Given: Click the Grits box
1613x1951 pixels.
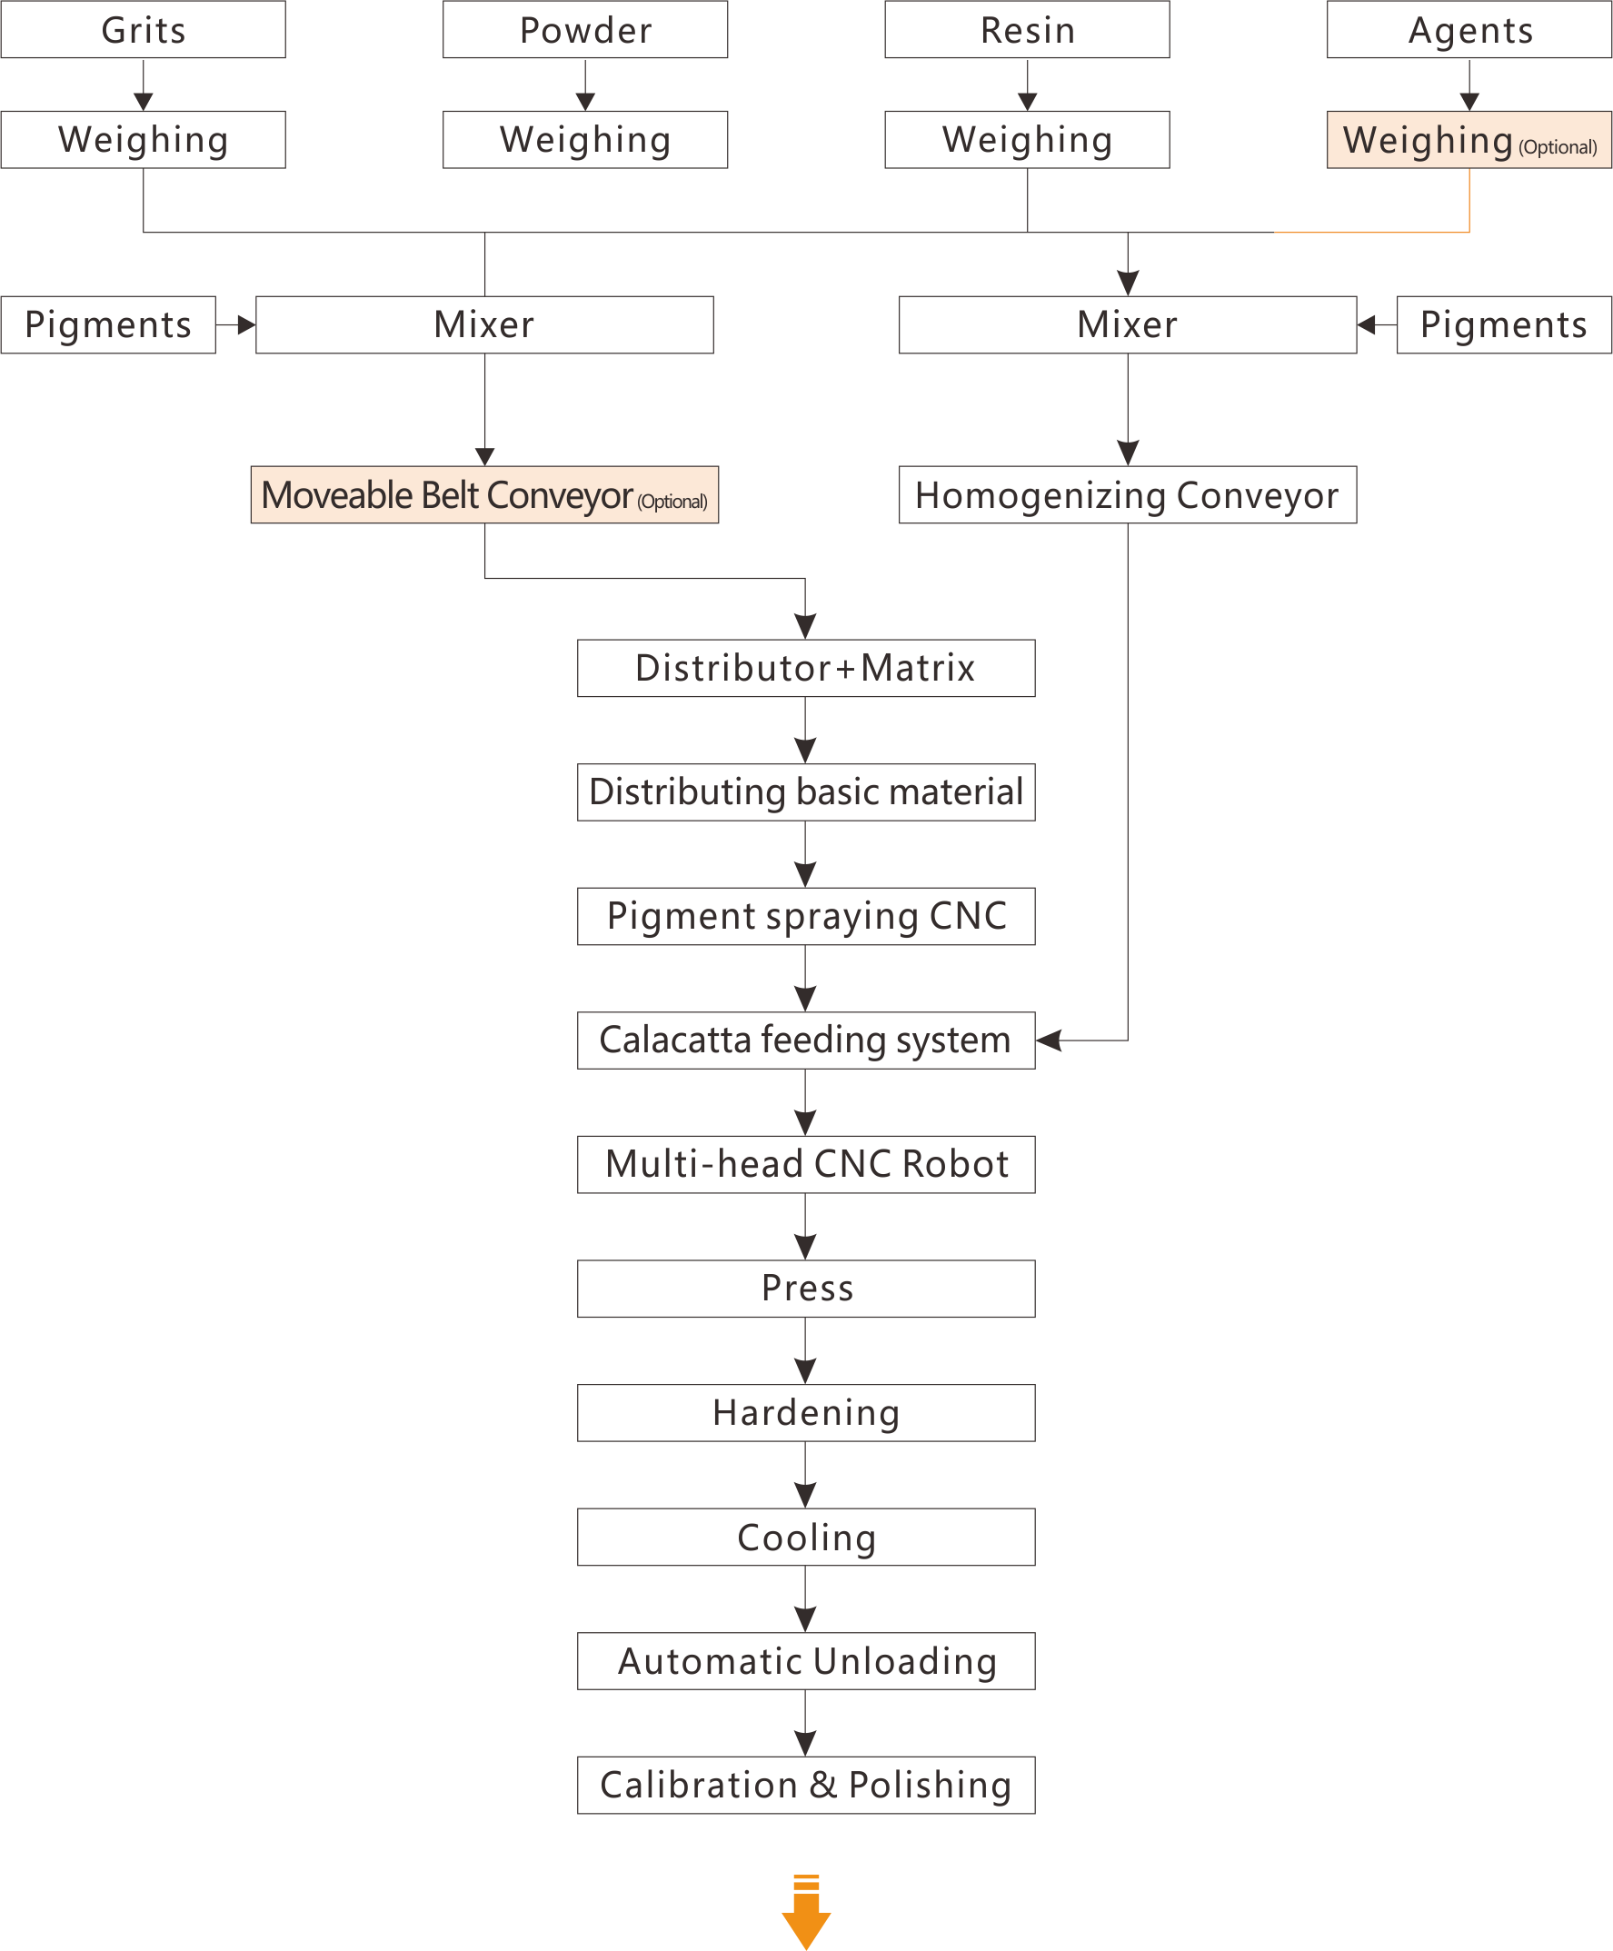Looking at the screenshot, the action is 143,30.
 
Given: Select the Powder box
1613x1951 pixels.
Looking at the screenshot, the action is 585,30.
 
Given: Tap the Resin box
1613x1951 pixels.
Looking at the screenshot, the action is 1028,30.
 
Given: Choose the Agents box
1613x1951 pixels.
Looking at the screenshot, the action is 1470,30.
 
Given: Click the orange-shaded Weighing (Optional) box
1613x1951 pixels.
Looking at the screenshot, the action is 1470,140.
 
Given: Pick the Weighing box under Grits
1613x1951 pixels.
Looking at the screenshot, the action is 143,140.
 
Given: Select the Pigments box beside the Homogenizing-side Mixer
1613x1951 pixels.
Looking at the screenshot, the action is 1504,325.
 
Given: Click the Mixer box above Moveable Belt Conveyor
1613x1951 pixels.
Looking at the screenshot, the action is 485,325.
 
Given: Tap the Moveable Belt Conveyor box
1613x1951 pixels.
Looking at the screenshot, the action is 485,495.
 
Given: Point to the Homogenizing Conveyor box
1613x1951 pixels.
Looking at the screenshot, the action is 1128,495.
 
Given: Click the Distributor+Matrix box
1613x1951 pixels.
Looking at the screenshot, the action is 807,669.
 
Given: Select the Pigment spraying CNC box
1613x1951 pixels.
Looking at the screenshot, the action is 807,917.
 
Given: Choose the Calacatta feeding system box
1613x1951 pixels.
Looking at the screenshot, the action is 807,1041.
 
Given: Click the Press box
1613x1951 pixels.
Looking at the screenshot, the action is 807,1289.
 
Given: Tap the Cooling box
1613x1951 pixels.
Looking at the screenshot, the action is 807,1538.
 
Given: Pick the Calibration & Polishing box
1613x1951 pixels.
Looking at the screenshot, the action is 807,1786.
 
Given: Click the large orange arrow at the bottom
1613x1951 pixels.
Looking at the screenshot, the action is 807,1914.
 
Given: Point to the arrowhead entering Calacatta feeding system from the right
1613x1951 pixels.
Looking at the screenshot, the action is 1049,1041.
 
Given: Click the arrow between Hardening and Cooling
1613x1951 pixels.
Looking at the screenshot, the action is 805,1476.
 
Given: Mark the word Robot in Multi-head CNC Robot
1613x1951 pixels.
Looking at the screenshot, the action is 955,1165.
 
